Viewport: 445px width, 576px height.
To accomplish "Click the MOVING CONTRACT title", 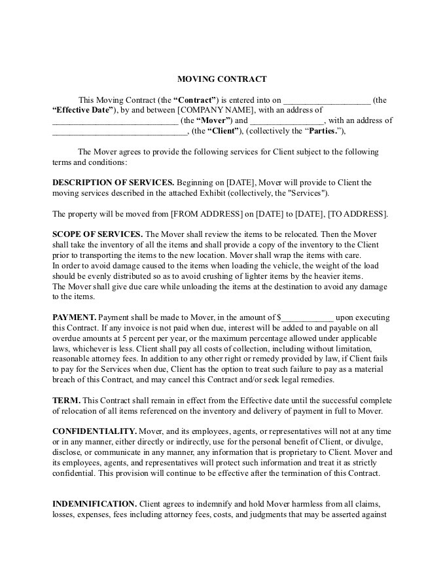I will pos(222,79).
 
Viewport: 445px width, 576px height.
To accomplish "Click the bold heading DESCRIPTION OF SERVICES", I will pos(113,183).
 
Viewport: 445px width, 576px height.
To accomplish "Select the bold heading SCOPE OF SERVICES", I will pos(98,234).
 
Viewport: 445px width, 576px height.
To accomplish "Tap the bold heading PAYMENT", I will pos(74,317).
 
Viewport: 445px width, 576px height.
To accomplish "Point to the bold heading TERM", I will pos(66,400).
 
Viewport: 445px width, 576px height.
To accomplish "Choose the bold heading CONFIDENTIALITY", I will pos(94,431).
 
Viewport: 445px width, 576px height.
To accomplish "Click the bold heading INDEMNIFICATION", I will pos(94,503).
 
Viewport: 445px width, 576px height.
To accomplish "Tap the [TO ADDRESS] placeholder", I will pos(357,214).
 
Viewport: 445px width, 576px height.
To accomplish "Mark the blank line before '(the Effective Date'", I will pos(326,100).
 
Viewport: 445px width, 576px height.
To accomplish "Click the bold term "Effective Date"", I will pos(84,110).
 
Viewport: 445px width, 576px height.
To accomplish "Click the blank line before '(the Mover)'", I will pos(115,120).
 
